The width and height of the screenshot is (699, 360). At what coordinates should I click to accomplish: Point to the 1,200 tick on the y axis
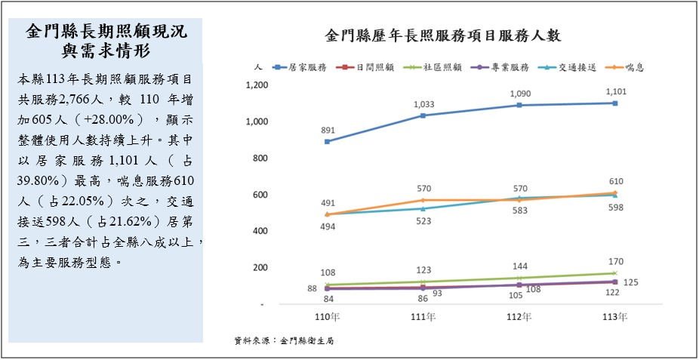[257, 85]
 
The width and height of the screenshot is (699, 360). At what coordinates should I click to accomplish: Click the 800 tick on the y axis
[260, 158]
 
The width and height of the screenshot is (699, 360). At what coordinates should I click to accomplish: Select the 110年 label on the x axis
[327, 317]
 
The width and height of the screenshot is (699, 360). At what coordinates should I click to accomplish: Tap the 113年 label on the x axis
[616, 317]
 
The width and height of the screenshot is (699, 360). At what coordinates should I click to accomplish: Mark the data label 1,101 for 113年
[615, 91]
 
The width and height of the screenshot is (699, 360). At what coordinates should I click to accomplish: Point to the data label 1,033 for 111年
[423, 103]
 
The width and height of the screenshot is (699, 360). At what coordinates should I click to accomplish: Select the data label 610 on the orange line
[616, 182]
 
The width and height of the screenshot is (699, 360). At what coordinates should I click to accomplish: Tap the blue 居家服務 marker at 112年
[519, 105]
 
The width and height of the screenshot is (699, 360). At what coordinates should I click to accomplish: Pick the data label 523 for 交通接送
[423, 221]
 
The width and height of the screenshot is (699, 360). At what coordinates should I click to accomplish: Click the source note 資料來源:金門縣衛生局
[284, 341]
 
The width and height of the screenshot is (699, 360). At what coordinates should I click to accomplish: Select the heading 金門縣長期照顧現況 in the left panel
[106, 32]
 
